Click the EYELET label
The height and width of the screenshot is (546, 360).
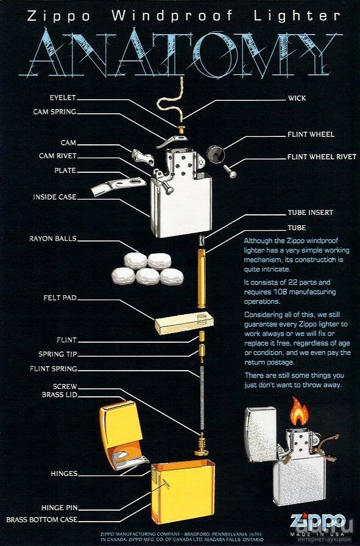click(62, 97)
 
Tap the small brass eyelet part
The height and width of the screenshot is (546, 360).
click(182, 130)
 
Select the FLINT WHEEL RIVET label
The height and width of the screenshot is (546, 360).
click(322, 157)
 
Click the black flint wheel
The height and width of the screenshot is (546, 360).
click(214, 154)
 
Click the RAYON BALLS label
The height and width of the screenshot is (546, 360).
click(52, 239)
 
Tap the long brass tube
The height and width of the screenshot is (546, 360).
click(202, 279)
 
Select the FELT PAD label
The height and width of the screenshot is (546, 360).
click(60, 298)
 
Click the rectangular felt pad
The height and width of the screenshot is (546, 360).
click(184, 323)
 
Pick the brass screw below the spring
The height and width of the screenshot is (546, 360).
click(201, 444)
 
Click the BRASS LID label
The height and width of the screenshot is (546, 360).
click(59, 395)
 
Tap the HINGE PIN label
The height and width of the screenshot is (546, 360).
click(59, 508)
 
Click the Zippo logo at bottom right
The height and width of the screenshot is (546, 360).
click(317, 521)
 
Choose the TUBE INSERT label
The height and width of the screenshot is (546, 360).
click(310, 212)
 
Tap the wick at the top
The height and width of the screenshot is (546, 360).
click(171, 101)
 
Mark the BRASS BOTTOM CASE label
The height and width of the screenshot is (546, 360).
click(41, 520)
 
